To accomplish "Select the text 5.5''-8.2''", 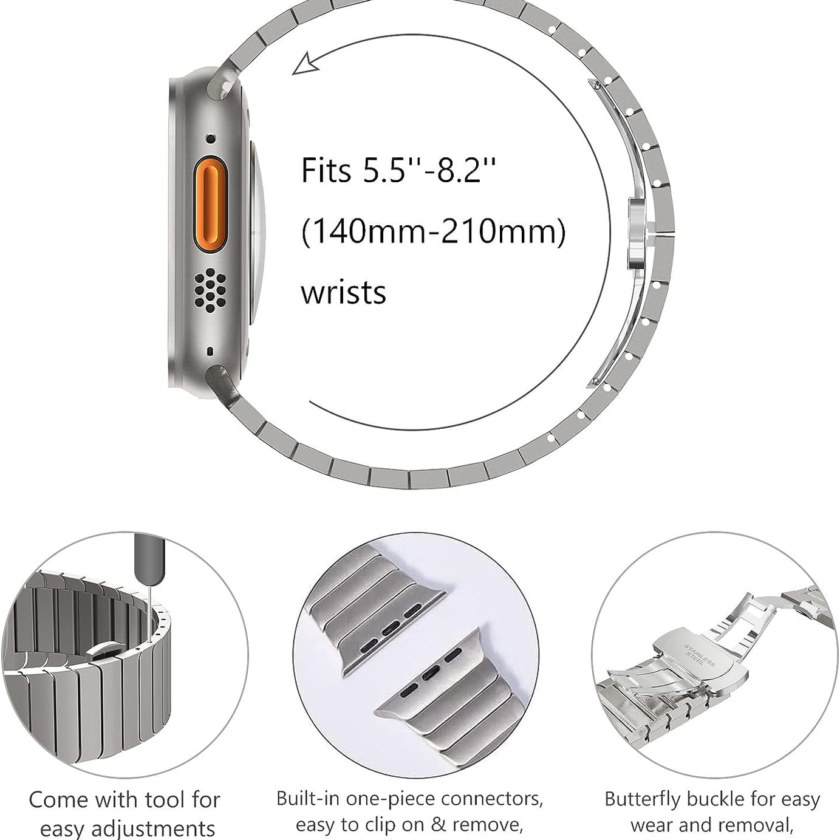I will (430, 171).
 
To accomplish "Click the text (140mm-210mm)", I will (434, 231).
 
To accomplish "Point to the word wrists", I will (343, 293).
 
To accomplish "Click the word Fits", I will (326, 171).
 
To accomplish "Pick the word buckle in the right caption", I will (715, 799).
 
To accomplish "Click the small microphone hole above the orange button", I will (210, 139).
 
